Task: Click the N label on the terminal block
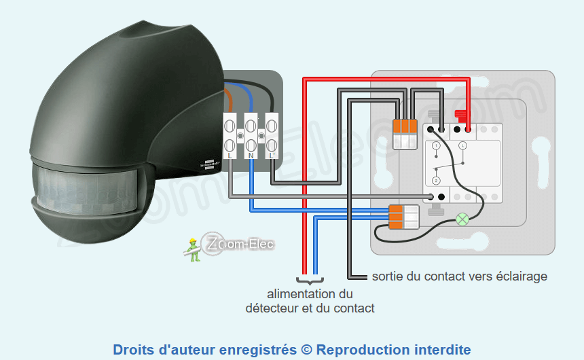pyautogui.click(x=251, y=156)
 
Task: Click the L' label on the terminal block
pyautogui.click(x=272, y=156)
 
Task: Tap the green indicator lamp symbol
pyautogui.click(x=462, y=219)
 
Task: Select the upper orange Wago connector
pyautogui.click(x=405, y=133)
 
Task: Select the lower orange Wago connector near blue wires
pyautogui.click(x=404, y=217)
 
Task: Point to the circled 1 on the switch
pyautogui.click(x=436, y=145)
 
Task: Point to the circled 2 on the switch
pyautogui.click(x=436, y=180)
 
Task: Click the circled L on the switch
pyautogui.click(x=463, y=145)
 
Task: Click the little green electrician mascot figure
pyautogui.click(x=193, y=249)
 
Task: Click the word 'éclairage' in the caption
pyautogui.click(x=519, y=276)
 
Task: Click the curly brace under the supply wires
pyautogui.click(x=310, y=280)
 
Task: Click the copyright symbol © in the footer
pyautogui.click(x=306, y=350)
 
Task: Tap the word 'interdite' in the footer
pyautogui.click(x=442, y=350)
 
